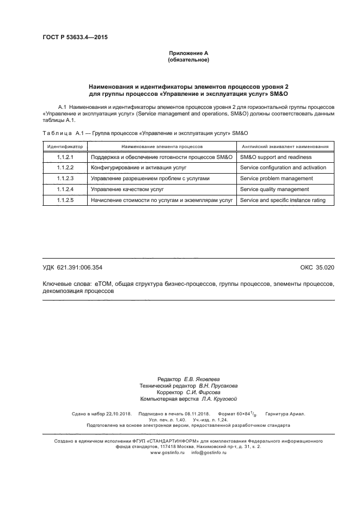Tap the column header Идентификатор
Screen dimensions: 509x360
click(65, 146)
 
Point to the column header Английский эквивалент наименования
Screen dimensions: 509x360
click(284, 146)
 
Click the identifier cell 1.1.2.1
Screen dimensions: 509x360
click(65, 157)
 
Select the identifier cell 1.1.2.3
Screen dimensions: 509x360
click(65, 179)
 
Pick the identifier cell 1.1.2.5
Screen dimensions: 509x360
click(65, 200)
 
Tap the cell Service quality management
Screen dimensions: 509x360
click(274, 189)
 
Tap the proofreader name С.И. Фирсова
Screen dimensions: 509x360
click(203, 392)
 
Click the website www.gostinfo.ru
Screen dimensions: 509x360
click(167, 452)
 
